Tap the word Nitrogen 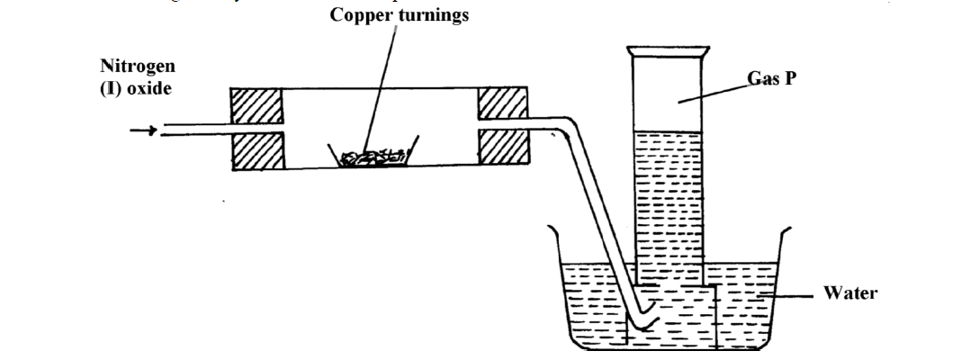138,67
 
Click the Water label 850,293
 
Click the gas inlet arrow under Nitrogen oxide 143,131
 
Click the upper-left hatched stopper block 257,106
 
